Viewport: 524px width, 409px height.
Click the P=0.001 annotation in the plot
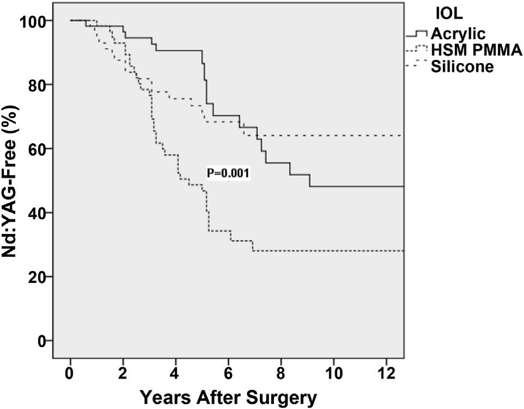point(228,173)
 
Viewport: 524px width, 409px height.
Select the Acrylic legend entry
point(458,33)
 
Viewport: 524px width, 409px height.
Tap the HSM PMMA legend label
point(476,50)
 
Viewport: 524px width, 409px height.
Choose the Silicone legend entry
point(462,66)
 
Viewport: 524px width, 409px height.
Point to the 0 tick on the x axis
point(70,373)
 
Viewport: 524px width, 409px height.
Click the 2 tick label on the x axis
point(123,373)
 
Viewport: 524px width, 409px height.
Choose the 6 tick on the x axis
point(228,373)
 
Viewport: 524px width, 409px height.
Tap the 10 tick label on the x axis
point(334,373)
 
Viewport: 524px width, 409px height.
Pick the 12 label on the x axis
point(386,373)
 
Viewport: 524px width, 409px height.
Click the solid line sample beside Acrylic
point(417,34)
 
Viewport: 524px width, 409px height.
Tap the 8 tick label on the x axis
point(281,373)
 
